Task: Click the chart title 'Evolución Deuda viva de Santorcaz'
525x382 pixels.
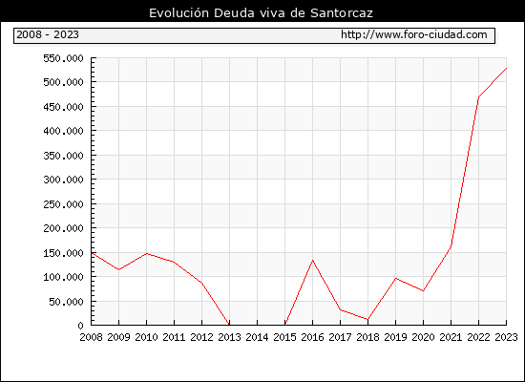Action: [x=261, y=13]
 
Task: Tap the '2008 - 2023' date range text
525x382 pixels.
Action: [x=48, y=34]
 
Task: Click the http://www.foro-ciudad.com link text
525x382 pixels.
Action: [x=414, y=34]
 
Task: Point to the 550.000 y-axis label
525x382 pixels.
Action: [x=63, y=58]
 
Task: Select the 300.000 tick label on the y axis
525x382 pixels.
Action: [x=63, y=180]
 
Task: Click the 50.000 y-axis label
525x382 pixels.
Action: [x=66, y=302]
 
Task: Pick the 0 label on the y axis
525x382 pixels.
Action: [x=80, y=326]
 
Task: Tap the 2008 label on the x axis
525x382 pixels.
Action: [x=91, y=337]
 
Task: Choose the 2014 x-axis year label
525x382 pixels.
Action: [x=257, y=337]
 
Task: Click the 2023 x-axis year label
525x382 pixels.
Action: [x=506, y=337]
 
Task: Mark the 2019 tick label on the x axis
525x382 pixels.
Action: [x=395, y=337]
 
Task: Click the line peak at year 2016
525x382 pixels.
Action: [x=312, y=261]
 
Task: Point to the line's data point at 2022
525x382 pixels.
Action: [x=478, y=97]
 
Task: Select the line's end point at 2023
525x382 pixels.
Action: [x=506, y=68]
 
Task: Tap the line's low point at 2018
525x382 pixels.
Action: [x=367, y=319]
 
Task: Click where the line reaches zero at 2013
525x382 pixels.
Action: [x=229, y=325]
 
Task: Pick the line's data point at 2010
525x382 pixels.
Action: [x=146, y=254]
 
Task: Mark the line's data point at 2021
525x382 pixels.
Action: [x=451, y=246]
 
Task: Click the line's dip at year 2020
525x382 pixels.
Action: [x=423, y=290]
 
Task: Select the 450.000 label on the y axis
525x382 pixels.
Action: [x=63, y=107]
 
